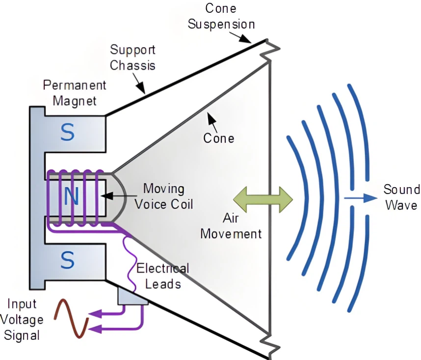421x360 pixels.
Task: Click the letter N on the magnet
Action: (72, 196)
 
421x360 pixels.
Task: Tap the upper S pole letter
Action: (68, 131)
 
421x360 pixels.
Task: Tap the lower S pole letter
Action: (68, 260)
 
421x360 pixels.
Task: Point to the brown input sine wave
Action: (72, 318)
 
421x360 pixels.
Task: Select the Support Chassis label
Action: (132, 57)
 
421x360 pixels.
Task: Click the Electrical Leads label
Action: (162, 276)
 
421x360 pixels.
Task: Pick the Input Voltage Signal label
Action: (22, 320)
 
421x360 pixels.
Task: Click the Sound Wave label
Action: (401, 197)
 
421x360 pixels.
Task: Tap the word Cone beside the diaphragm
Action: (219, 138)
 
